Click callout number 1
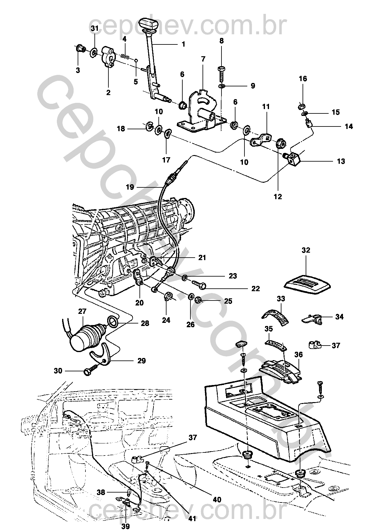pyautogui.click(x=183, y=44)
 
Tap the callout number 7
pyautogui.click(x=203, y=59)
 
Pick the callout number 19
pyautogui.click(x=130, y=187)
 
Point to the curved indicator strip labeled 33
pyautogui.click(x=276, y=317)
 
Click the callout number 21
pyautogui.click(x=202, y=257)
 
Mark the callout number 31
pyautogui.click(x=94, y=29)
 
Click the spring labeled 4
pyautogui.click(x=125, y=56)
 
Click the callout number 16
pyautogui.click(x=303, y=79)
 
